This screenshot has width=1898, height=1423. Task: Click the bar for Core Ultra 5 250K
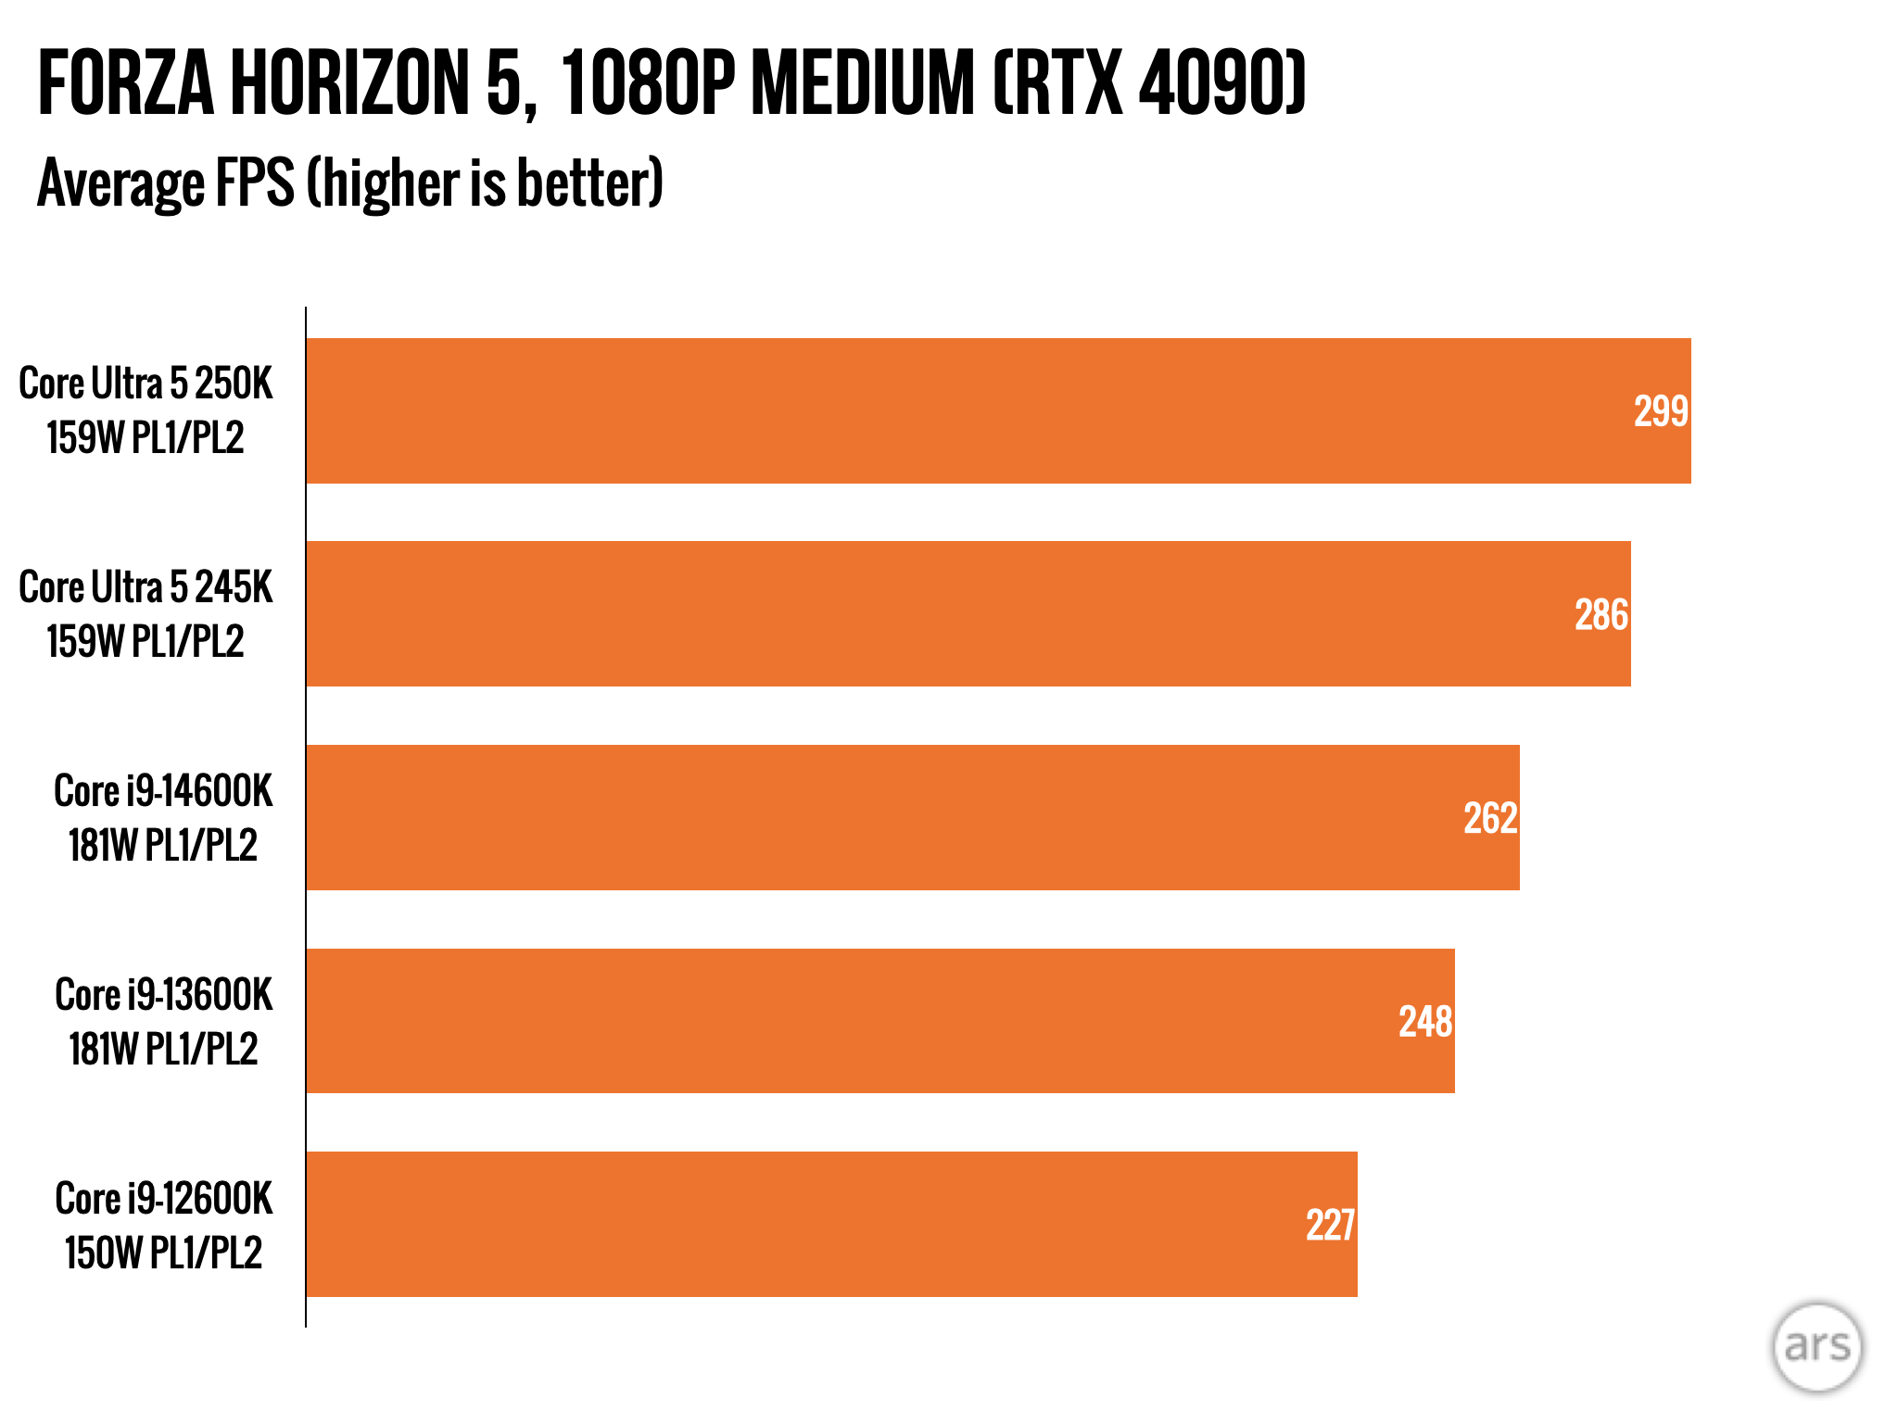[998, 410]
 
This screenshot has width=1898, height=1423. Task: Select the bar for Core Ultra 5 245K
[968, 613]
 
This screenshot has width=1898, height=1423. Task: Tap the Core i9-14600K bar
[913, 817]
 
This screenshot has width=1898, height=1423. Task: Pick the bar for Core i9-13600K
[880, 1020]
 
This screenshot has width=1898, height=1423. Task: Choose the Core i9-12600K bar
[831, 1224]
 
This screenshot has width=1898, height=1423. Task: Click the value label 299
[1661, 411]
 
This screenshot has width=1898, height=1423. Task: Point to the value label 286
[1601, 615]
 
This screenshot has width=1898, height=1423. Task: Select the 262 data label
[1490, 818]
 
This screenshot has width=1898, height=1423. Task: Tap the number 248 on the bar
[1425, 1022]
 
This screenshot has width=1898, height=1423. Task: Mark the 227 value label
[1331, 1225]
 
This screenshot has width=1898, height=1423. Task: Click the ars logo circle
[1816, 1346]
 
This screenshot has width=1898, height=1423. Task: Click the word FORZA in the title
[126, 84]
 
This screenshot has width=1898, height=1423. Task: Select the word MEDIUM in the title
[862, 84]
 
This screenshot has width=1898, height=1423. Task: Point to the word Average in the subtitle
[119, 183]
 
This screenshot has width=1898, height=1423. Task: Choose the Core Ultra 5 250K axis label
[146, 384]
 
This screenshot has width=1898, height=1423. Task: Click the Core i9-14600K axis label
[163, 792]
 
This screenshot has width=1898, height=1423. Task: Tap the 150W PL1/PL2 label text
[163, 1253]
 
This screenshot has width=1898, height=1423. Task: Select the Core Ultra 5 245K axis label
[146, 588]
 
